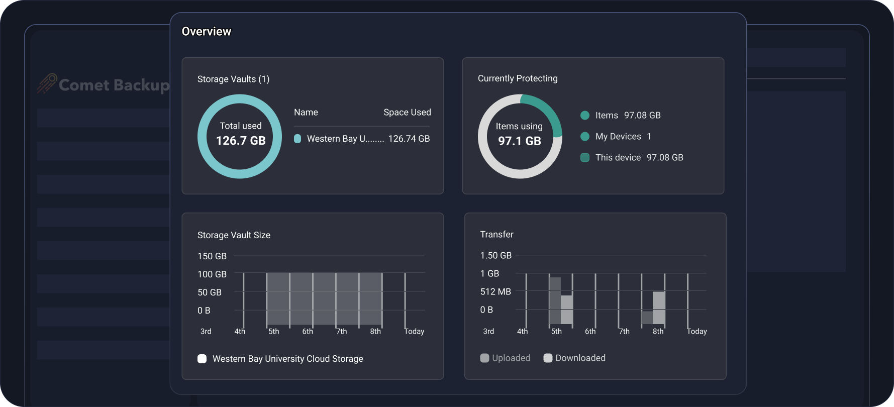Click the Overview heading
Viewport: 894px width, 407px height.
pyautogui.click(x=206, y=31)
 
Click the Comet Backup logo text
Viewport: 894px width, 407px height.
pyautogui.click(x=114, y=85)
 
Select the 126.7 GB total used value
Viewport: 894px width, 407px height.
pyautogui.click(x=241, y=141)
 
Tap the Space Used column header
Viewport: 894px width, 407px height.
pyautogui.click(x=407, y=112)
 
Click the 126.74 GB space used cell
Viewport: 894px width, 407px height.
pyautogui.click(x=409, y=139)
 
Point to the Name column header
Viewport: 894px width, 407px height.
pyautogui.click(x=306, y=112)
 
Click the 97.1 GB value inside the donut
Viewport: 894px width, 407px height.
pyautogui.click(x=519, y=141)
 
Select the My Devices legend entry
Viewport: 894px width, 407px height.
pyautogui.click(x=618, y=136)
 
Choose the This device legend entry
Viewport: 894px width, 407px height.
pyautogui.click(x=618, y=157)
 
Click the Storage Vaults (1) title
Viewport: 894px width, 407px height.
pyautogui.click(x=233, y=79)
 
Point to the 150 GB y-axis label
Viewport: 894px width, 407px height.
pyautogui.click(x=212, y=256)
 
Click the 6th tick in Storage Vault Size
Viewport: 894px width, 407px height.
pyautogui.click(x=307, y=331)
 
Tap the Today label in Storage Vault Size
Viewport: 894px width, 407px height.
pyautogui.click(x=414, y=331)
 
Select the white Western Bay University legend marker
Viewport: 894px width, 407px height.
pyautogui.click(x=202, y=359)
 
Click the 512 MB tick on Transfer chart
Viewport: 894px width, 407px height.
pyautogui.click(x=495, y=291)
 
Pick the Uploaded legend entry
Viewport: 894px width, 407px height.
pyautogui.click(x=506, y=358)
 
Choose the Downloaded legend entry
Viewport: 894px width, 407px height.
pyautogui.click(x=574, y=358)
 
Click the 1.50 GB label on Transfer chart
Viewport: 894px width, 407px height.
pyautogui.click(x=495, y=255)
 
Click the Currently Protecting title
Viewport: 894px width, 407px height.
pyautogui.click(x=517, y=78)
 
